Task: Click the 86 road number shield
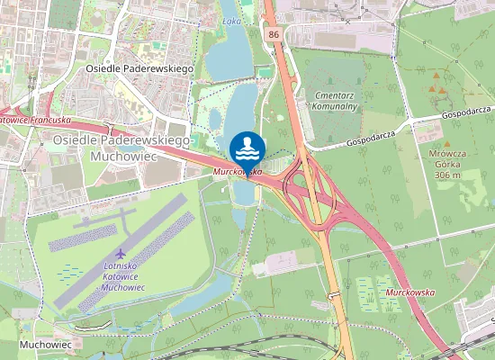[273, 33]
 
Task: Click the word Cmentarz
[337, 94]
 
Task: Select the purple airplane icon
[121, 254]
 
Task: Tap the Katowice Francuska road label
[34, 119]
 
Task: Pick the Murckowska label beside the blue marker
[238, 171]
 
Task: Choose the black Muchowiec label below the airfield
[45, 345]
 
